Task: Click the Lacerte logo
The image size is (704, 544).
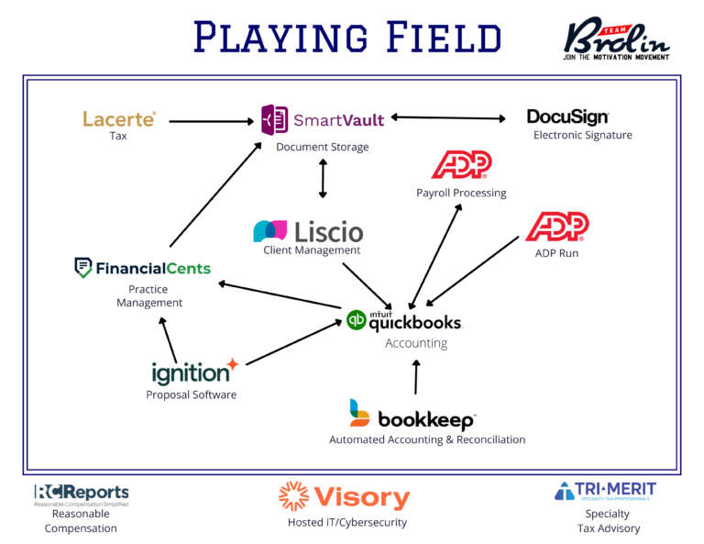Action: (119, 118)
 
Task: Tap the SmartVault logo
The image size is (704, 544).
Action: (323, 119)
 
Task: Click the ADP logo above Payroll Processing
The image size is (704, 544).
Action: (461, 165)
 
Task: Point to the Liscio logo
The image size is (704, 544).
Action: (308, 230)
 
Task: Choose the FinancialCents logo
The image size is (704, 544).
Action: (142, 268)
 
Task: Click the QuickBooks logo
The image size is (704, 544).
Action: (404, 320)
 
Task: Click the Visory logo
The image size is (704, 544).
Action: (344, 496)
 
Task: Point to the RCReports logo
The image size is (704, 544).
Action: (82, 493)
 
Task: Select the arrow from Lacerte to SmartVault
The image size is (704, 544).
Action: (210, 120)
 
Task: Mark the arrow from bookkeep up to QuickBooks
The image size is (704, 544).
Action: (416, 376)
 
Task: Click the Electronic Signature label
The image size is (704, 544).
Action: (583, 136)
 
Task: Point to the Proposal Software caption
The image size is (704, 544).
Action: (192, 395)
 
